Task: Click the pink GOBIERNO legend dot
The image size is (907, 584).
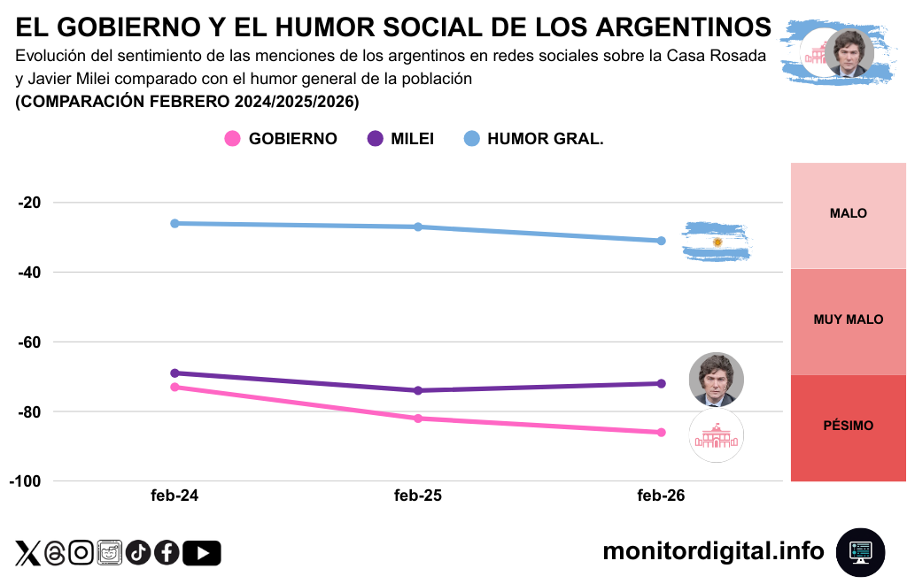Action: [x=232, y=139]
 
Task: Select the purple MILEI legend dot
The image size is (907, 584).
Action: [x=375, y=139]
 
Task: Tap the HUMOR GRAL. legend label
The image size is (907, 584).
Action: [x=545, y=139]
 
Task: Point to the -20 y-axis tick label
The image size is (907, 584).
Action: [x=29, y=203]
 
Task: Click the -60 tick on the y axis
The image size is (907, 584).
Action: [x=29, y=342]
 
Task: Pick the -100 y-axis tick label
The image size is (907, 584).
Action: [x=26, y=481]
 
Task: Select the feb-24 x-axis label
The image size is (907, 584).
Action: [x=174, y=496]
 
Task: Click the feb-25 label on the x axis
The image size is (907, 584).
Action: [x=418, y=496]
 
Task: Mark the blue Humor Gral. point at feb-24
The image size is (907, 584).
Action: [x=174, y=223]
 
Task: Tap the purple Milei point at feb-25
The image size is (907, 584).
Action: [x=418, y=390]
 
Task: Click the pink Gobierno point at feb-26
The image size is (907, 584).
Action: [x=661, y=432]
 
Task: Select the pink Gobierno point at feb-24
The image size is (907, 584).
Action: [x=174, y=387]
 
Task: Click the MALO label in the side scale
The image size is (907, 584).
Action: [x=848, y=213]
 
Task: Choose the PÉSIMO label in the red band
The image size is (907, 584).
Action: [x=848, y=426]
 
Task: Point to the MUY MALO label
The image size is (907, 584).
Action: [x=848, y=319]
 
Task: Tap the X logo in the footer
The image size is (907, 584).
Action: [x=27, y=553]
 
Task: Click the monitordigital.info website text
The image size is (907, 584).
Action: [x=713, y=551]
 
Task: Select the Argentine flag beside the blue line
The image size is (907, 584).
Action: [x=716, y=242]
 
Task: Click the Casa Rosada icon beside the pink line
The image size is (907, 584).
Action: [x=716, y=435]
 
